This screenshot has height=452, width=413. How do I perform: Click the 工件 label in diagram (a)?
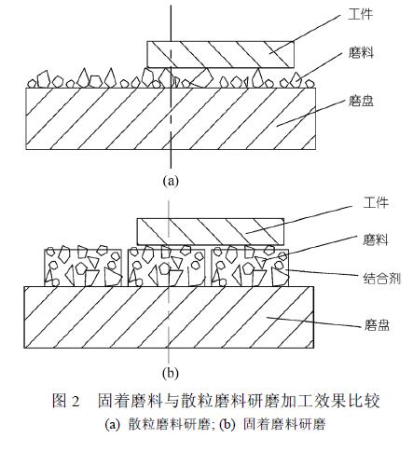click(360, 15)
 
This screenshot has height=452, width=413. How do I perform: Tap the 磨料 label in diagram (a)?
click(361, 53)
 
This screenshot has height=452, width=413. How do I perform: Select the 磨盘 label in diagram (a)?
click(361, 102)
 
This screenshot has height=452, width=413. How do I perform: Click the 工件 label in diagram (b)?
click(376, 203)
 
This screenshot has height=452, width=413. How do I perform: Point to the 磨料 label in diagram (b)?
click(376, 240)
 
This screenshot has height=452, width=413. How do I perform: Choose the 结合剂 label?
click(382, 278)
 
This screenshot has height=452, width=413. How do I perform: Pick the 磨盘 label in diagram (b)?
click(377, 325)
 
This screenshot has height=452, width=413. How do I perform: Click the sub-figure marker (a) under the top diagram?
click(171, 180)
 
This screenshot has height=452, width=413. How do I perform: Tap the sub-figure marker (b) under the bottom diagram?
click(171, 373)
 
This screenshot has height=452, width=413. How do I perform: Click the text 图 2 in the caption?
click(66, 401)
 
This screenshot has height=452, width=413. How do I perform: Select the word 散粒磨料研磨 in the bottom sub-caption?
click(169, 424)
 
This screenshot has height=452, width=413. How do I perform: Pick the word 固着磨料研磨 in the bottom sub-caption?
click(284, 424)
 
